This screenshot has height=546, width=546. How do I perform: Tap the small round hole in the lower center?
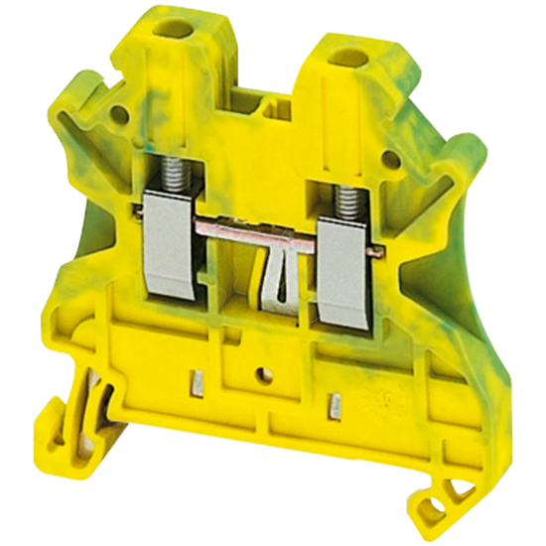pyautogui.click(x=264, y=375)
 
